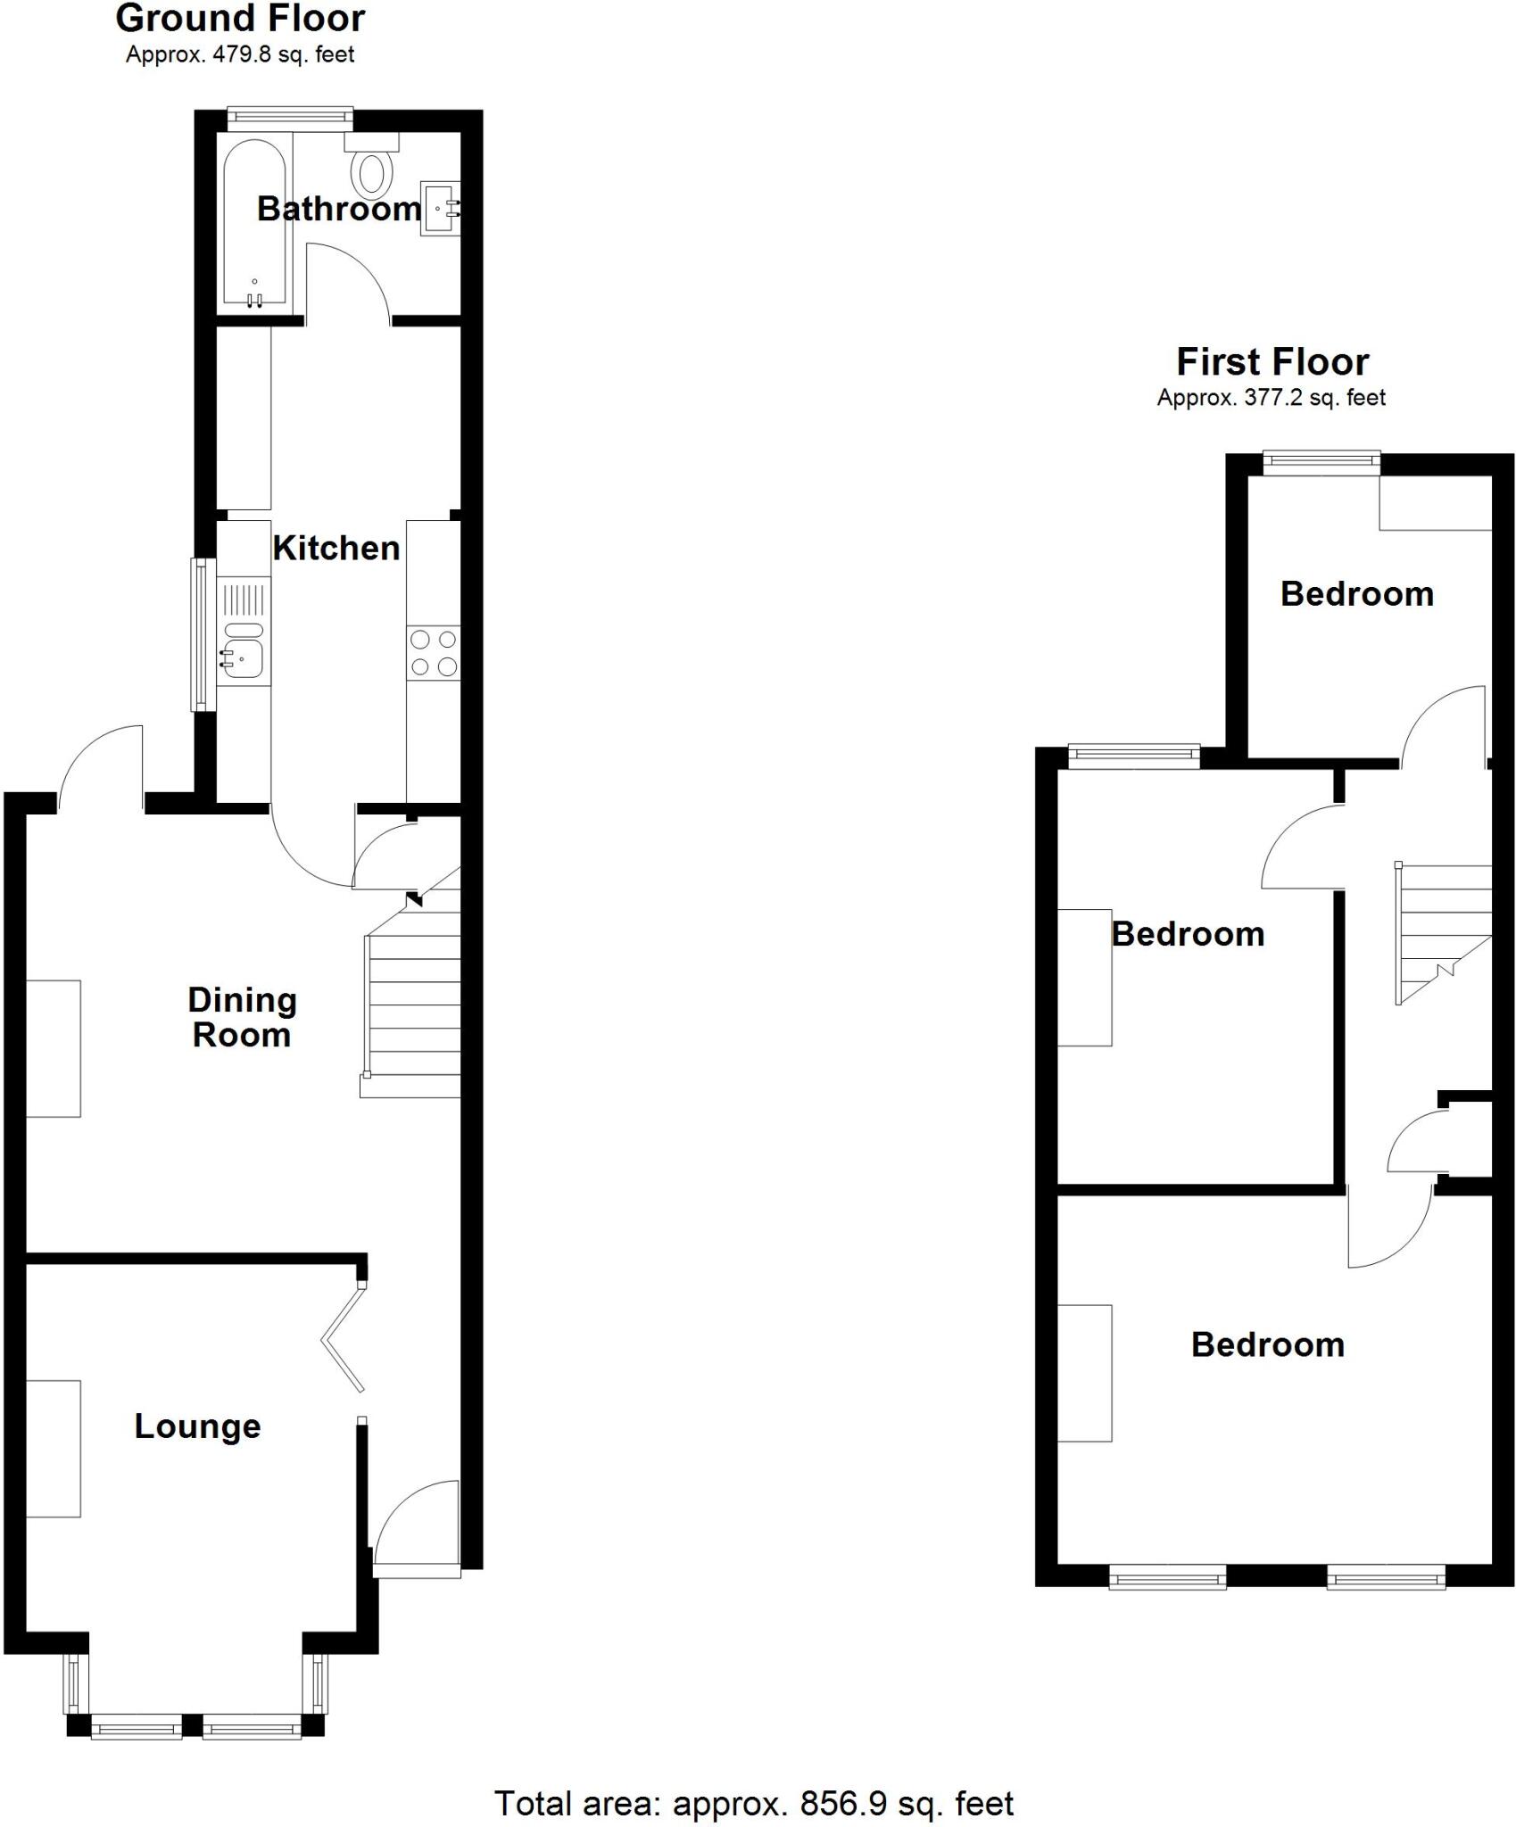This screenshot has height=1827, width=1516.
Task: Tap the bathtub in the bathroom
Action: [x=254, y=223]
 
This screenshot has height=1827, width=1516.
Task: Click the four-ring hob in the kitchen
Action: [x=434, y=653]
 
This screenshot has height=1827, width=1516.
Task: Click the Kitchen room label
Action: [x=336, y=548]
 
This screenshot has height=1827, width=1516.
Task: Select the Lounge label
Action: [x=197, y=1426]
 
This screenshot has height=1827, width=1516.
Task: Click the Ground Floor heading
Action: [x=240, y=19]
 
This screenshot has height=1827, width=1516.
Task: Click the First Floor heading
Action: [x=1272, y=362]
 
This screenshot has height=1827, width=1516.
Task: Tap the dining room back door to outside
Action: [x=100, y=767]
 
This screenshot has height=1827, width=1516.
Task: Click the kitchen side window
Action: [x=203, y=634]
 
